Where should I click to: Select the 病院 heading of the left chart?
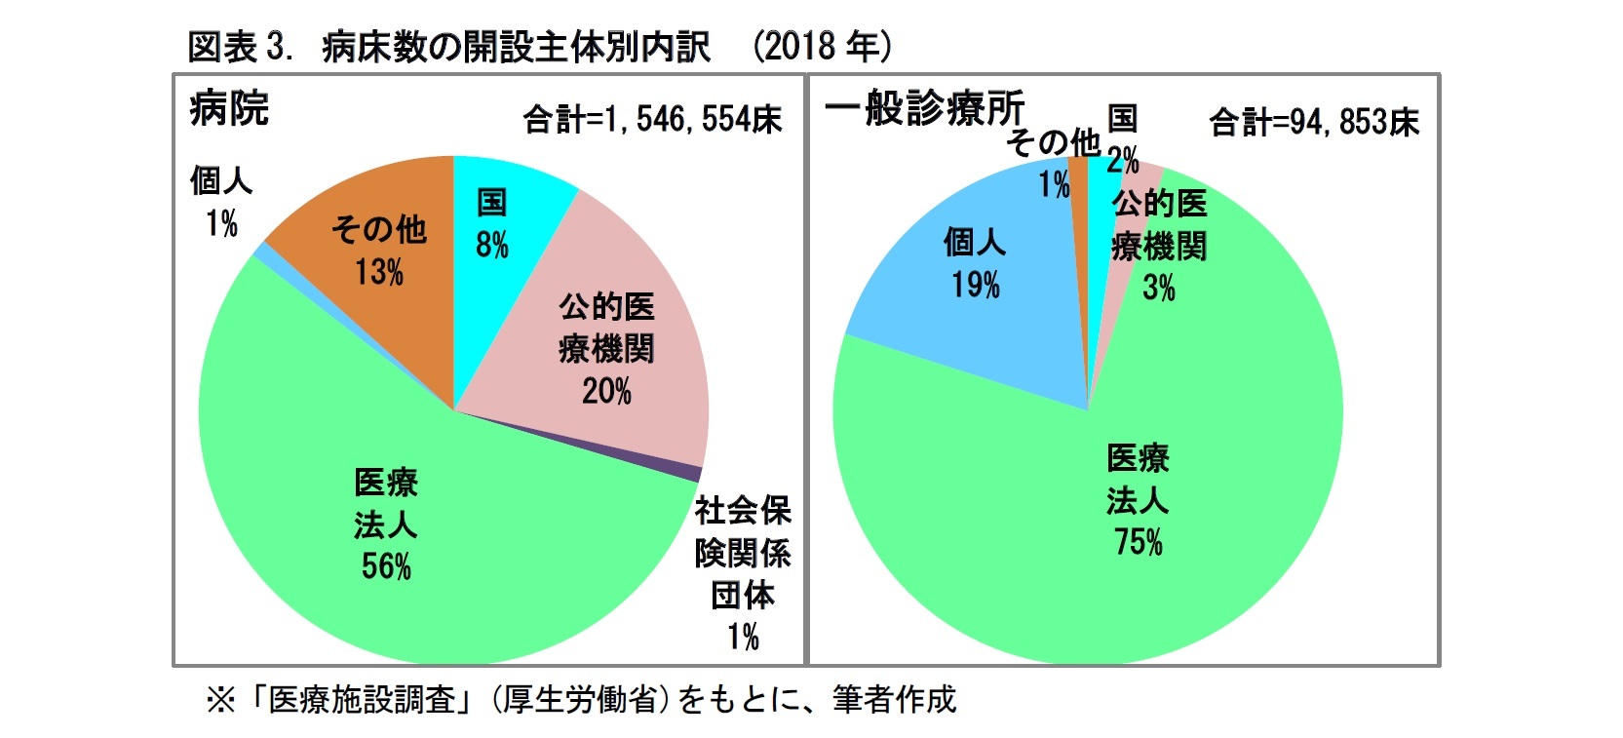(229, 107)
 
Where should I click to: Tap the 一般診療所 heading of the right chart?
(924, 108)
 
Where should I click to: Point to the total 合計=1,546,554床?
(652, 120)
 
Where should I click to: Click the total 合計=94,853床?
(1313, 123)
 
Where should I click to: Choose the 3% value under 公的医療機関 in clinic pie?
(1159, 288)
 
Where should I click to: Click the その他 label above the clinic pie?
(1053, 142)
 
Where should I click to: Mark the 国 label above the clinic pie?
(1122, 118)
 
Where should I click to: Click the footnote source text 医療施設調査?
(362, 699)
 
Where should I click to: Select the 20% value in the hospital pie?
(606, 392)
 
